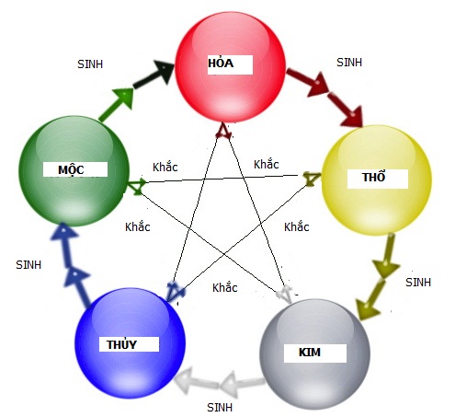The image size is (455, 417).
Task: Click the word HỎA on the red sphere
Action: tap(221, 63)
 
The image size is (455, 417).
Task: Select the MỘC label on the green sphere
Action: tap(71, 169)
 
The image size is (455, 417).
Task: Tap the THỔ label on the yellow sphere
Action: tap(373, 177)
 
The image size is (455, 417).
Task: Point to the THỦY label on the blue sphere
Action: tap(121, 344)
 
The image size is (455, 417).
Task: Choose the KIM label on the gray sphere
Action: tap(310, 352)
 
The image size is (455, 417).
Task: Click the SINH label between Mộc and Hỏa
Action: tap(90, 64)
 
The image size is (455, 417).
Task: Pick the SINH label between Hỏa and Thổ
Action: tap(349, 63)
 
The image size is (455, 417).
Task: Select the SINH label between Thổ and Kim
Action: tap(418, 283)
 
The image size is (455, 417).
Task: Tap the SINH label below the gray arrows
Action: tap(220, 408)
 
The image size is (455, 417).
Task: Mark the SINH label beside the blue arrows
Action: tap(28, 265)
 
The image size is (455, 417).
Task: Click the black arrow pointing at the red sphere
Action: tap(154, 75)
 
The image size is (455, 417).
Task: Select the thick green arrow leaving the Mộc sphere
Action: tap(117, 104)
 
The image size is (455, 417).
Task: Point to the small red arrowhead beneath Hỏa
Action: tap(223, 131)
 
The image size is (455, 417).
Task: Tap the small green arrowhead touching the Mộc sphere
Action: tap(137, 186)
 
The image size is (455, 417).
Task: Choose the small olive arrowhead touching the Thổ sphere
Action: tap(312, 179)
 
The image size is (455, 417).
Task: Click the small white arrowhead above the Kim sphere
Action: tap(285, 294)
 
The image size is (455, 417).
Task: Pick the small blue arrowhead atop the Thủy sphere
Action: tap(175, 290)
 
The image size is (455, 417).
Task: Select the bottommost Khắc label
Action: tap(225, 287)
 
